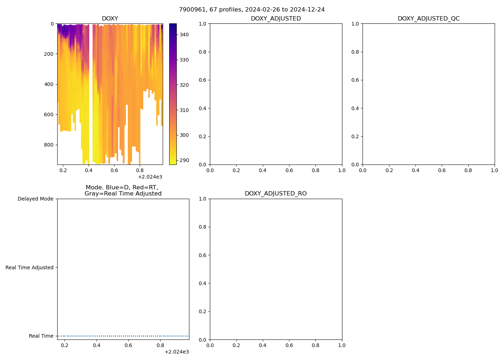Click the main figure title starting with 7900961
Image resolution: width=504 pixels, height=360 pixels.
click(x=252, y=10)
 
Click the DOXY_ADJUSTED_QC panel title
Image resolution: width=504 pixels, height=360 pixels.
click(x=428, y=19)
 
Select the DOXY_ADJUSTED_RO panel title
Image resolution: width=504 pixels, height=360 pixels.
click(x=275, y=194)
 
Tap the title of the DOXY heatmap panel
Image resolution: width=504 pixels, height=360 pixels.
click(x=110, y=19)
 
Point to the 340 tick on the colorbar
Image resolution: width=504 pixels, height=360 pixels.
click(x=184, y=35)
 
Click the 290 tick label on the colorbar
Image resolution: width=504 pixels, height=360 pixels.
click(x=184, y=160)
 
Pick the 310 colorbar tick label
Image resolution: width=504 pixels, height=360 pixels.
click(x=184, y=110)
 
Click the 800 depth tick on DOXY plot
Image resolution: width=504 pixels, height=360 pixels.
click(x=49, y=145)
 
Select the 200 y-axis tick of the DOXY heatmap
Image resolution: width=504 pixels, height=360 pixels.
click(x=49, y=54)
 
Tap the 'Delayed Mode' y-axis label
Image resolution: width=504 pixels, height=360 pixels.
click(x=35, y=199)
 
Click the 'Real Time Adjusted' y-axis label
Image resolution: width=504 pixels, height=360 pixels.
click(x=29, y=267)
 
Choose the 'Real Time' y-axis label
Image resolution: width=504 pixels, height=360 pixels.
click(x=41, y=336)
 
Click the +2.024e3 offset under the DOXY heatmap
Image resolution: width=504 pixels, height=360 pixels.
click(x=150, y=177)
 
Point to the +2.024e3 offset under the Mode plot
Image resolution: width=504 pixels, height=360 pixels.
click(x=176, y=352)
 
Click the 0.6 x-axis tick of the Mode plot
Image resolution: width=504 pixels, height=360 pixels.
click(x=129, y=346)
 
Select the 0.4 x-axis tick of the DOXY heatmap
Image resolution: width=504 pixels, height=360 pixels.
click(x=89, y=171)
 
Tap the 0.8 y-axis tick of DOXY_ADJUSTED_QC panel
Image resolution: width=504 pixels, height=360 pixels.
click(x=355, y=52)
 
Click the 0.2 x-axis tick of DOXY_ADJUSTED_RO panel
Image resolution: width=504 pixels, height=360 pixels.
click(x=236, y=346)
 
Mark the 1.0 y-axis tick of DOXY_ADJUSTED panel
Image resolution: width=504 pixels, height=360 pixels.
click(x=203, y=24)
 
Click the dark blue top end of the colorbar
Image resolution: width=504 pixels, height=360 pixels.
click(x=173, y=25)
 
